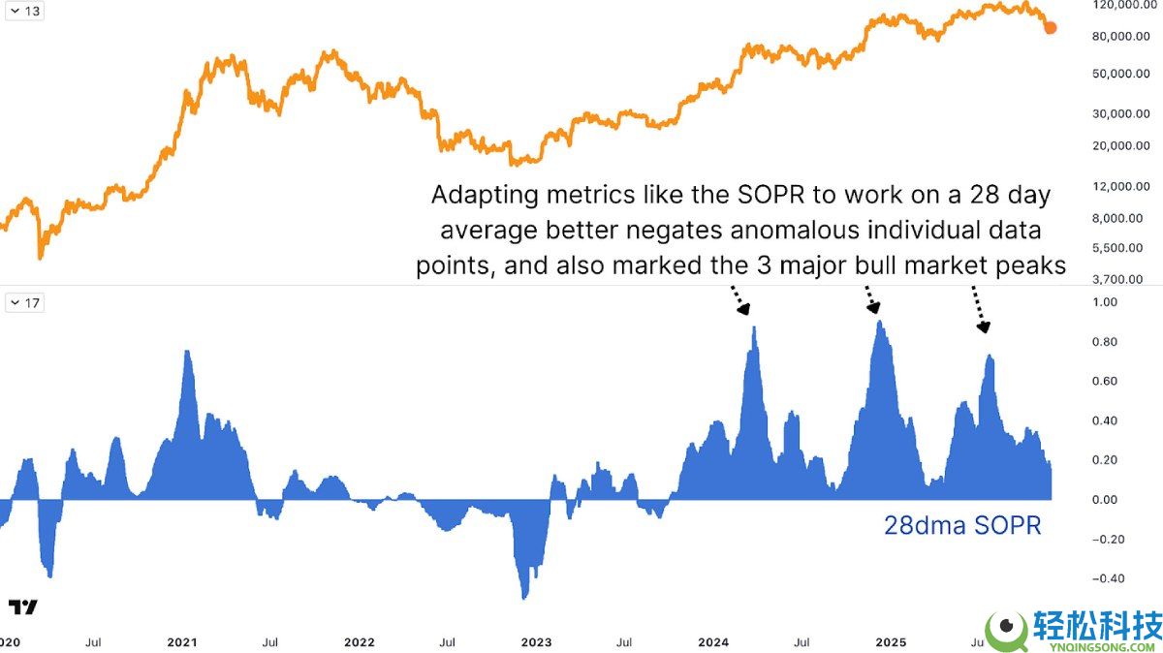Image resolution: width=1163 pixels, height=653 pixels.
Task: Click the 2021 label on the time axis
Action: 182,642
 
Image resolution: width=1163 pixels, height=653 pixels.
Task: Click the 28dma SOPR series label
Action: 961,526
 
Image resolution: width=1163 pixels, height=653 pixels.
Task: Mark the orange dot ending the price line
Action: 1051,27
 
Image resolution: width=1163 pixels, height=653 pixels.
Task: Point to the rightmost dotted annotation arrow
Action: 979,308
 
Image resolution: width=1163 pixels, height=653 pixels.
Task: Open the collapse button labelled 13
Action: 26,11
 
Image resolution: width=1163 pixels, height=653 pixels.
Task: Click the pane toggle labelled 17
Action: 26,302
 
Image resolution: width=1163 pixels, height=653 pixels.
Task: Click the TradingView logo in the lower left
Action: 23,607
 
